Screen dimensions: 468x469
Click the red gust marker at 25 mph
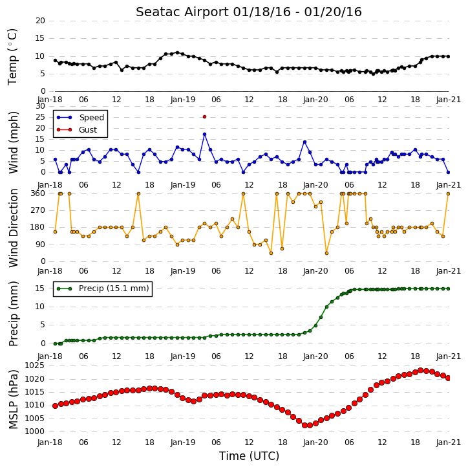coord(204,117)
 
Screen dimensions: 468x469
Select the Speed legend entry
coord(80,118)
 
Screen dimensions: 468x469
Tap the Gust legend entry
coord(77,130)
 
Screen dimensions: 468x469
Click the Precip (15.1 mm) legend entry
coord(103,289)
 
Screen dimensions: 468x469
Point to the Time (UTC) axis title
coord(249,456)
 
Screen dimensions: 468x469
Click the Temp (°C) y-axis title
coord(12,57)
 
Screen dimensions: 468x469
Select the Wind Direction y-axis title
coord(13,228)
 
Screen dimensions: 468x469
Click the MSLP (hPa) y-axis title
coord(13,400)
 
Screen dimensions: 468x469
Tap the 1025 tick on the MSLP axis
coord(34,365)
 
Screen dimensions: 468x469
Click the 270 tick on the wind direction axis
coord(38,210)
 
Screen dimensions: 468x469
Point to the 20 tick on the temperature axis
coord(40,21)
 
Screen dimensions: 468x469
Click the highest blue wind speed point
coord(204,135)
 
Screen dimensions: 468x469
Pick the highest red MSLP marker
coord(420,370)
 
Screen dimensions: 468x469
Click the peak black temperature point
coord(177,52)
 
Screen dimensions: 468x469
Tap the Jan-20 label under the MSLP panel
coord(315,442)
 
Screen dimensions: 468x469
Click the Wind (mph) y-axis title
coord(13,142)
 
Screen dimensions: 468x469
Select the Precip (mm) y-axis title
coord(13,314)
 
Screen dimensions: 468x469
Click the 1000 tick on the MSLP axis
coord(34,431)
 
